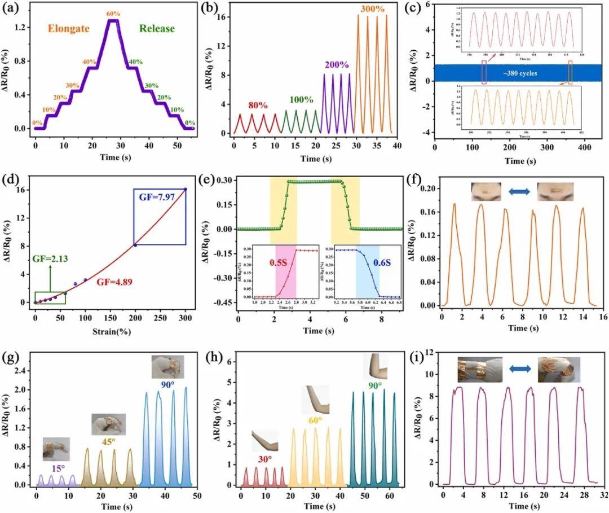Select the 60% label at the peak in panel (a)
point(113,14)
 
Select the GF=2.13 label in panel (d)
point(49,258)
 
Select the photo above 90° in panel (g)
point(167,366)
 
